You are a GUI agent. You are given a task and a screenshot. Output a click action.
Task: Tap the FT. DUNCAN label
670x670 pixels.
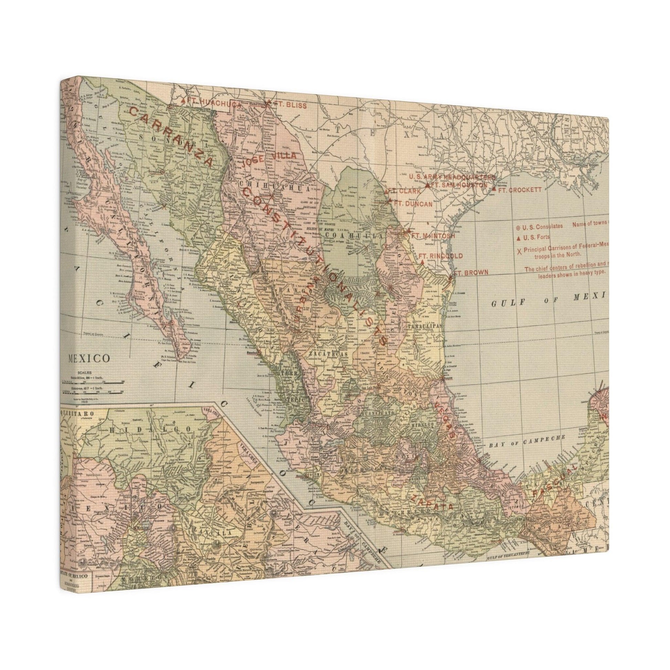click(x=414, y=204)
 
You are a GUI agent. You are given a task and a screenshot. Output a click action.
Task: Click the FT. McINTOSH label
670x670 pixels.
click(x=430, y=235)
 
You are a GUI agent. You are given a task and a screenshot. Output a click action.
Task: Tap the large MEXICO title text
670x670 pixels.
click(x=88, y=358)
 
